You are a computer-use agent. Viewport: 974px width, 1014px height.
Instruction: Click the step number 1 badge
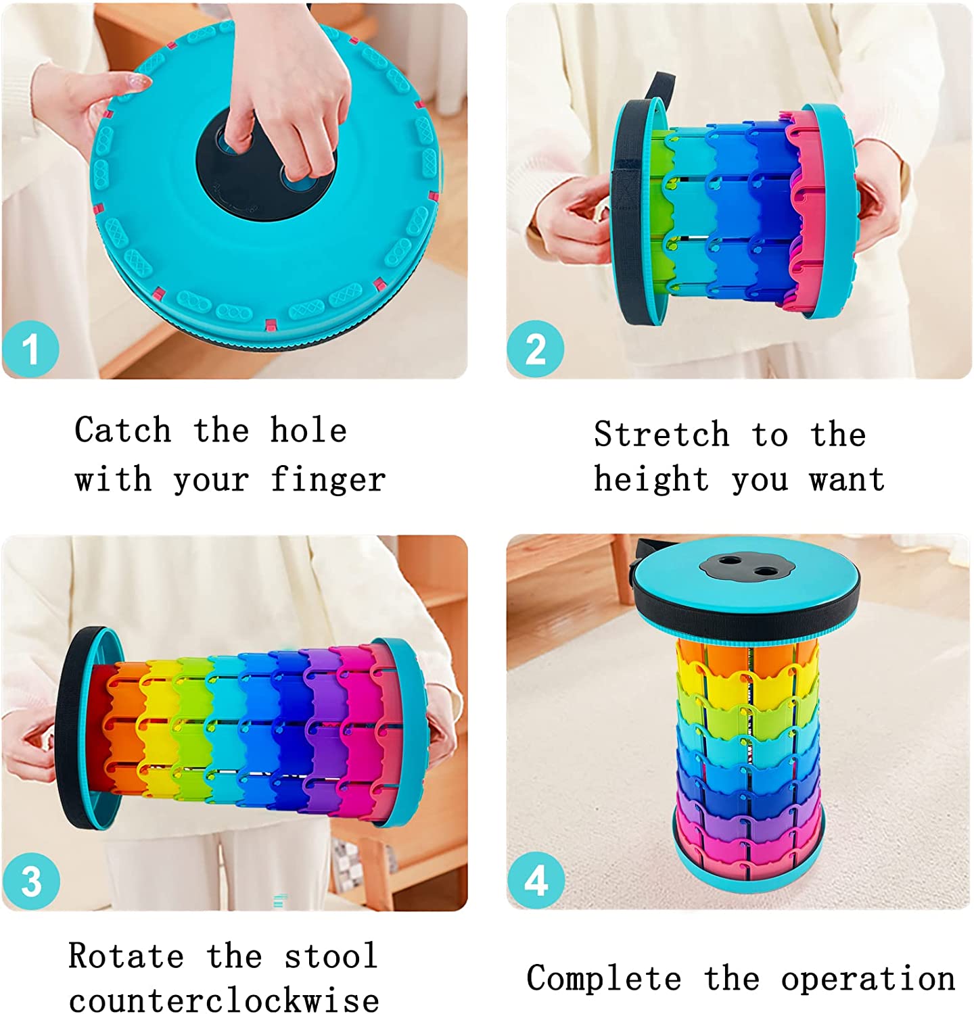tap(31, 349)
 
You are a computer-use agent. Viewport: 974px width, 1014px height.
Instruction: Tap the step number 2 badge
tap(536, 349)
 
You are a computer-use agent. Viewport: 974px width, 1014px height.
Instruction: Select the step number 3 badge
tap(31, 882)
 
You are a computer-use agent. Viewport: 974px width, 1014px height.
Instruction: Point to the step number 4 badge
tap(536, 880)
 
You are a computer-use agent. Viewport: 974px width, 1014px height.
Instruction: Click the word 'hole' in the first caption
tap(308, 430)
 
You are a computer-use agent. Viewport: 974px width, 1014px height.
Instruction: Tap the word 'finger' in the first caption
tap(328, 480)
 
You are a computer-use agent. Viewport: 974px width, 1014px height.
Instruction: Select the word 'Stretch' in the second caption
tap(662, 434)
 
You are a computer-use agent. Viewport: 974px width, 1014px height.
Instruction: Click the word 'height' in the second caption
tap(652, 480)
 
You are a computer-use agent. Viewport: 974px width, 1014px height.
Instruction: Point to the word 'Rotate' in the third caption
tap(126, 956)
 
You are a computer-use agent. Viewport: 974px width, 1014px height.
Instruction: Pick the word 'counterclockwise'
tap(224, 999)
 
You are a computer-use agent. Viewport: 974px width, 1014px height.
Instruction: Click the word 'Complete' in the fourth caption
tap(604, 979)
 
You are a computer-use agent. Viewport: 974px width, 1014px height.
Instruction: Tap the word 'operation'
tap(868, 979)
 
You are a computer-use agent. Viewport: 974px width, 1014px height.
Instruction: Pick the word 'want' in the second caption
tap(848, 480)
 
